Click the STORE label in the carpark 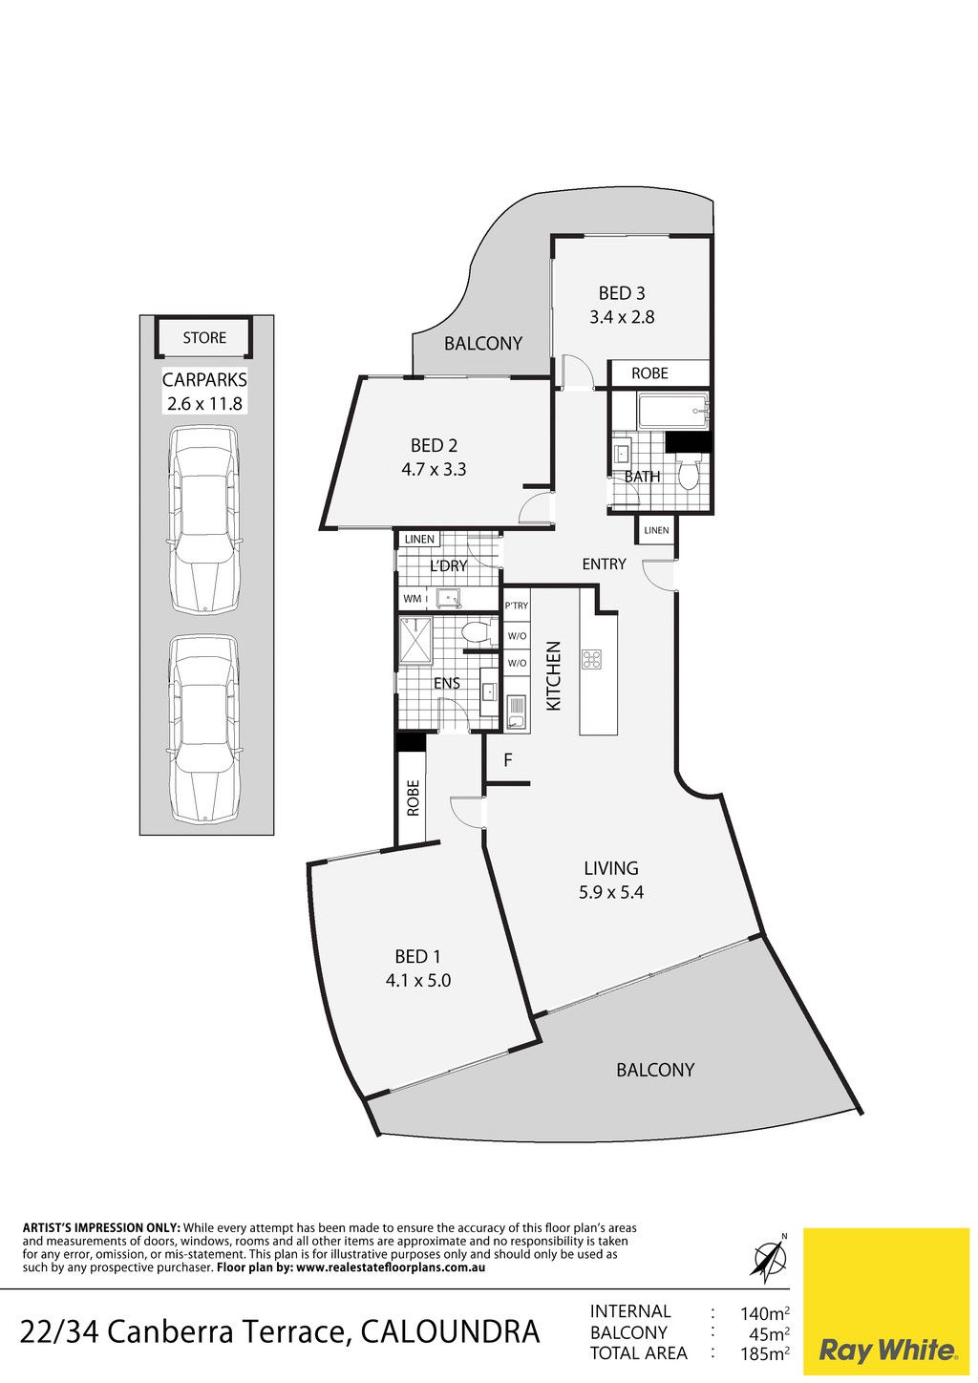click(204, 338)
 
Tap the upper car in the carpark click(204, 520)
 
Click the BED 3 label click(622, 292)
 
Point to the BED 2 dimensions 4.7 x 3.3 click(434, 470)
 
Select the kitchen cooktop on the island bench click(592, 659)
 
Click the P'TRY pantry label click(516, 606)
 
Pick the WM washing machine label click(412, 598)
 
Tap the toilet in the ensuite click(477, 632)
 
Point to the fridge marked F click(508, 760)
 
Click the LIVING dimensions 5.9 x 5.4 click(611, 892)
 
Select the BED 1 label click(418, 957)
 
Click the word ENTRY click(604, 564)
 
